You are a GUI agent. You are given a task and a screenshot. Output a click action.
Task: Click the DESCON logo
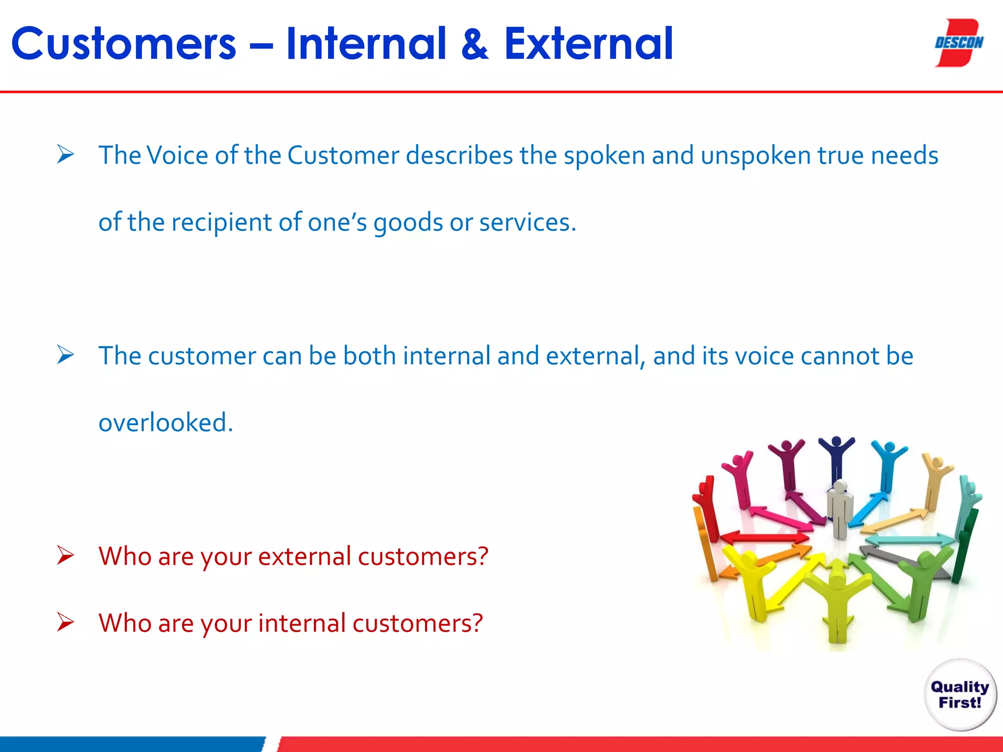pos(958,43)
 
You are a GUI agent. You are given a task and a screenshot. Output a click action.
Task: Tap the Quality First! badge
pos(960,695)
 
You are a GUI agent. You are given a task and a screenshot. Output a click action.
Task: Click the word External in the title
pos(588,44)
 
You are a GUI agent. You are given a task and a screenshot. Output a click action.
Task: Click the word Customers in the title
pos(124,44)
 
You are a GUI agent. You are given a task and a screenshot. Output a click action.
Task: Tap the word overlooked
pos(166,423)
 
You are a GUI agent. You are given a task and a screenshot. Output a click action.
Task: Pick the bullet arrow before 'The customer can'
pos(65,355)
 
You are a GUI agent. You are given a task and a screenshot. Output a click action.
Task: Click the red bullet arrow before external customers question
pos(65,556)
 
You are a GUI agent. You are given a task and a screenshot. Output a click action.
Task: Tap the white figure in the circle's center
pos(840,509)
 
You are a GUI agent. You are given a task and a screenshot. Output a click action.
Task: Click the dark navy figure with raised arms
pos(836,458)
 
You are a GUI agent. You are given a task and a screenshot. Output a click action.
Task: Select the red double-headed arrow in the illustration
pos(764,538)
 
